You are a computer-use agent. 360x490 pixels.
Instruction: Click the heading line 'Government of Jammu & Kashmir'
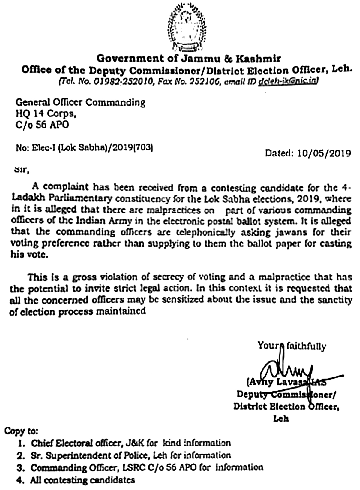[x=189, y=58]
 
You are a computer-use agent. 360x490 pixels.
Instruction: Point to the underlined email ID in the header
[x=288, y=81]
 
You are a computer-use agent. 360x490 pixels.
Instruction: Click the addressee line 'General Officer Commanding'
[x=80, y=103]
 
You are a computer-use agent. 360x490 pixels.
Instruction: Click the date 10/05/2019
[x=324, y=153]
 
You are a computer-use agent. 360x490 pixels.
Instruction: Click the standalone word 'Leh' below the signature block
[x=281, y=418]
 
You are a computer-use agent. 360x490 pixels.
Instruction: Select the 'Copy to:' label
[x=21, y=431]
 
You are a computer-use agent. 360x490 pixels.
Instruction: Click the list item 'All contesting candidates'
[x=82, y=480]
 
